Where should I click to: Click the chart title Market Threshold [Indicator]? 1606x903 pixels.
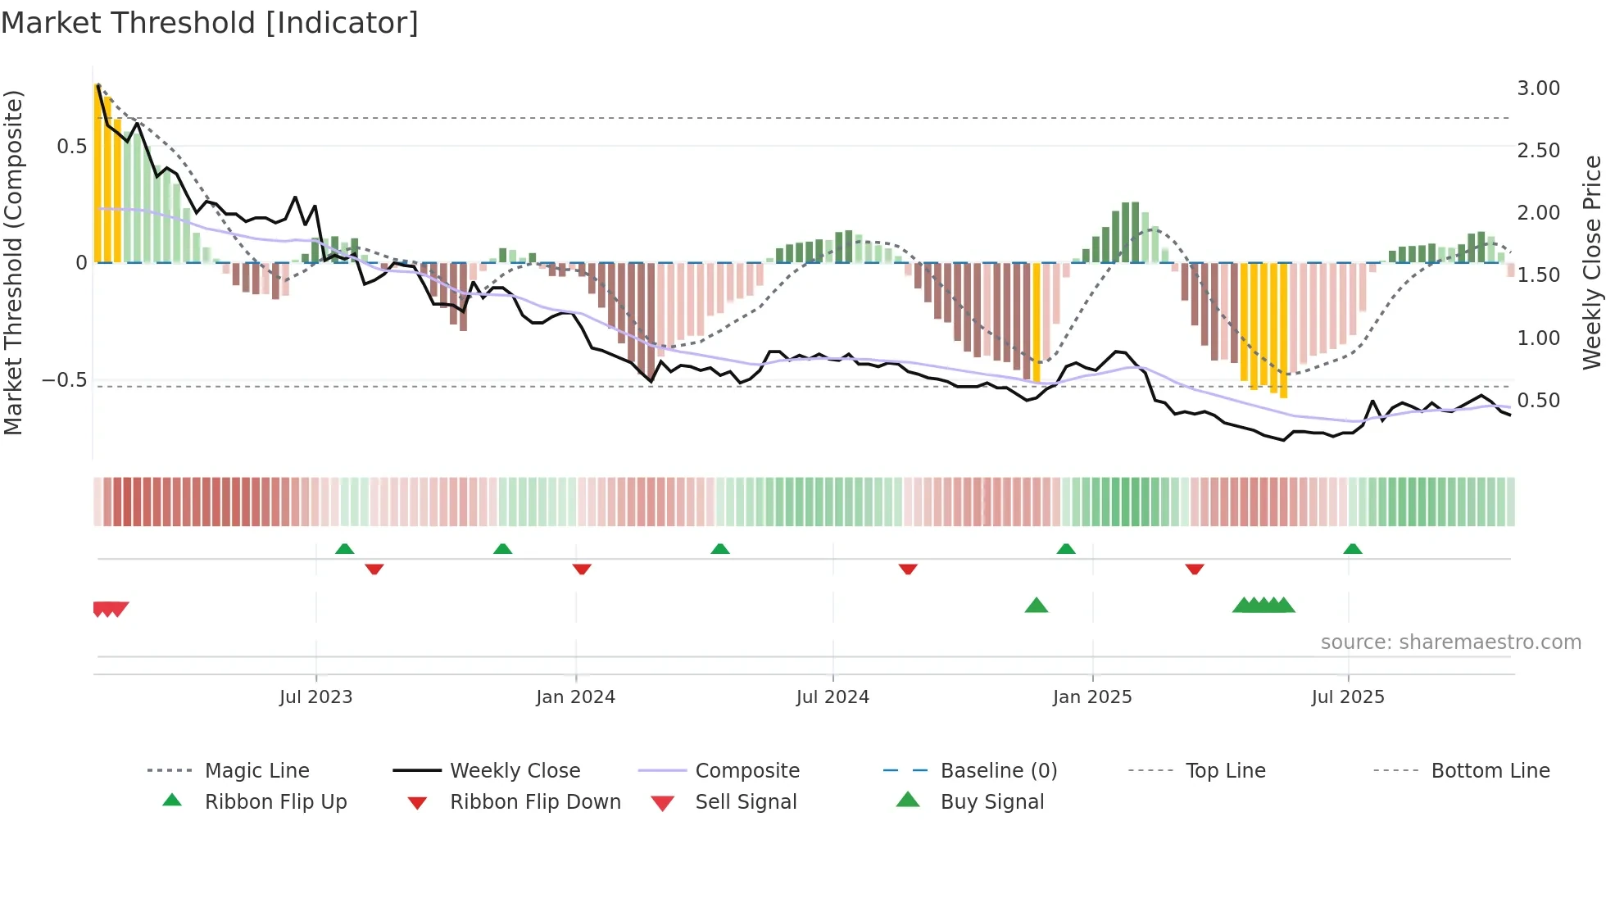pos(210,23)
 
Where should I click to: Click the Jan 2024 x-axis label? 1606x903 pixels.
pos(575,697)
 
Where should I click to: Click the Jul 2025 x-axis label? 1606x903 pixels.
pos(1347,697)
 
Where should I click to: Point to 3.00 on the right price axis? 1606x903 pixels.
pos(1538,88)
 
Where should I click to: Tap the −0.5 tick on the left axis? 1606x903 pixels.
pos(64,380)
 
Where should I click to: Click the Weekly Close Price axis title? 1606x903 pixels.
pos(1591,262)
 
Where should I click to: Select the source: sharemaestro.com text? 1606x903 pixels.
pos(1450,642)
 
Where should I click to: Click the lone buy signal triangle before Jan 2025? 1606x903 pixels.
pos(1037,606)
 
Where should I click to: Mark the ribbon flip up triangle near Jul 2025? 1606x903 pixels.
pos(1352,549)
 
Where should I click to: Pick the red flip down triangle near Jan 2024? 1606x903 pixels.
pos(582,569)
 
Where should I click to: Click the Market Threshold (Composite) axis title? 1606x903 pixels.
pos(13,262)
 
